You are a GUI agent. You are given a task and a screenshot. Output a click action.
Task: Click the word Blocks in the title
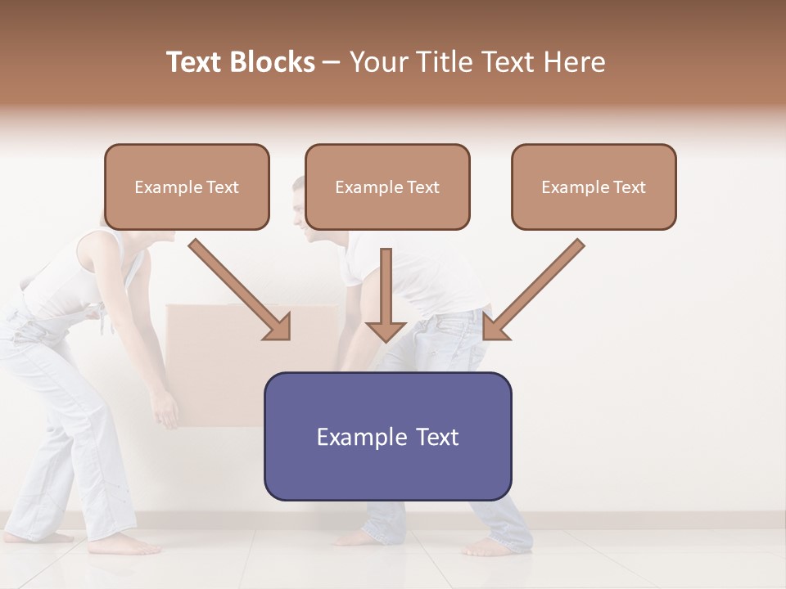[x=273, y=62]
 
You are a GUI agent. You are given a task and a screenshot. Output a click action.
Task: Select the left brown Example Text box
[x=187, y=187]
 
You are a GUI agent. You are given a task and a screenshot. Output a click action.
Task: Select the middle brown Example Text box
[x=387, y=187]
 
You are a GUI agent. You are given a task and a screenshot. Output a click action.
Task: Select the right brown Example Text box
[x=594, y=187]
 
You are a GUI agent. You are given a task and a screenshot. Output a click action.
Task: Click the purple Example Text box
[x=387, y=437]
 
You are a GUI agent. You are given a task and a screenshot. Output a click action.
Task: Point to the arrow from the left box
[x=242, y=290]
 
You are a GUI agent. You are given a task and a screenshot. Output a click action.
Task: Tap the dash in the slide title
[x=332, y=63]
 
